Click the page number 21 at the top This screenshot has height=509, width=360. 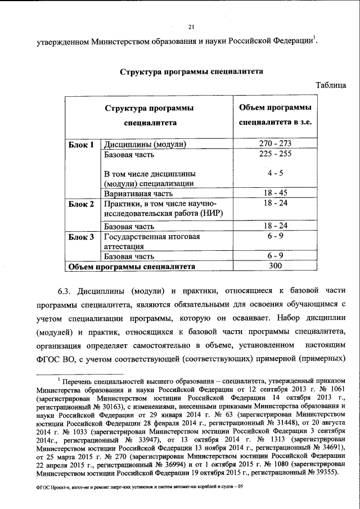pyautogui.click(x=190, y=26)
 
